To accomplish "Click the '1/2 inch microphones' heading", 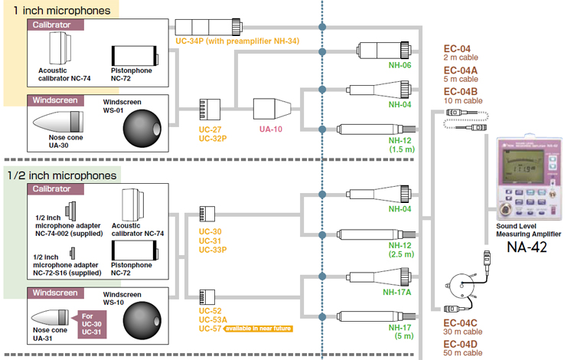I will (61, 175).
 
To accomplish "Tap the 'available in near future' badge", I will (261, 328).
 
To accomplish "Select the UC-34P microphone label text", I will (193, 41).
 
